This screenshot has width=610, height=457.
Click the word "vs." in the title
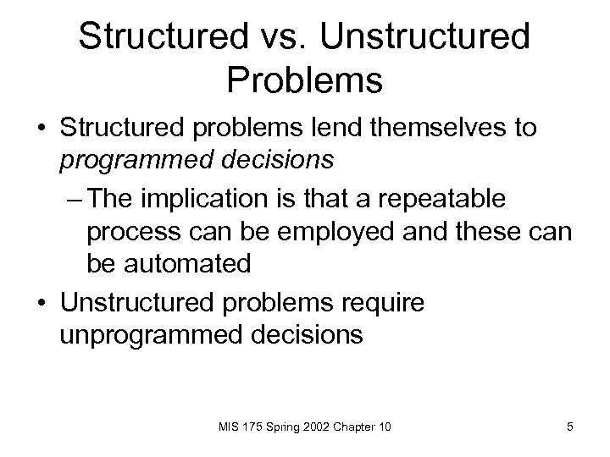click(x=292, y=37)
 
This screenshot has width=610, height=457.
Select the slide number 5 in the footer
click(x=570, y=426)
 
